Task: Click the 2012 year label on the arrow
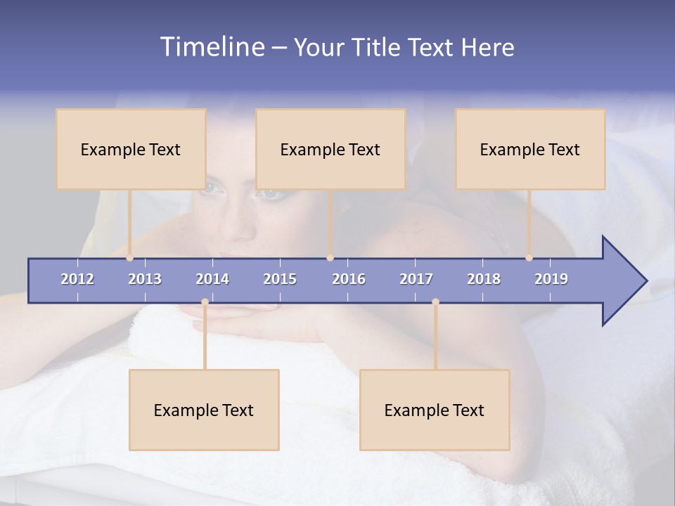click(x=77, y=279)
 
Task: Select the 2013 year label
click(x=145, y=279)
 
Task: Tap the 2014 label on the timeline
click(x=212, y=279)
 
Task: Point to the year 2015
click(x=280, y=279)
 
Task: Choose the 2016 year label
click(x=349, y=279)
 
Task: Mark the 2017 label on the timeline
click(x=416, y=279)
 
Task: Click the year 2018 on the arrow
click(x=484, y=279)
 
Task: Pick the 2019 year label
click(x=551, y=279)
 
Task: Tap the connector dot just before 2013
click(x=129, y=258)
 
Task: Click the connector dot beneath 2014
click(x=205, y=302)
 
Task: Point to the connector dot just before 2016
click(x=330, y=258)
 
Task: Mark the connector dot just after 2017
click(x=435, y=302)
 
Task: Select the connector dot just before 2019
click(x=529, y=258)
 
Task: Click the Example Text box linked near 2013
click(x=131, y=149)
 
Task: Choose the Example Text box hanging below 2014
click(x=204, y=410)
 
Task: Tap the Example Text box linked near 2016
click(x=330, y=149)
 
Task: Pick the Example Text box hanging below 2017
click(x=435, y=410)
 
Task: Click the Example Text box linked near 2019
click(x=530, y=149)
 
